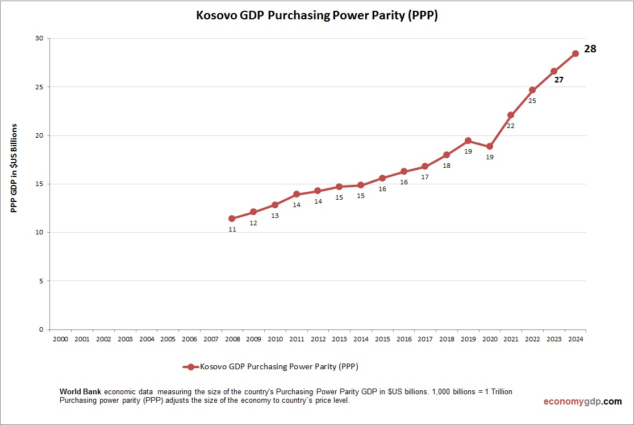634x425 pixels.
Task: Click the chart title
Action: tap(317, 16)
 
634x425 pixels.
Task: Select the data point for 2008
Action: tap(232, 218)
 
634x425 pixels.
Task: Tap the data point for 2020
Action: tap(489, 146)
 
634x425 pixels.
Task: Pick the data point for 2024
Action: tap(575, 53)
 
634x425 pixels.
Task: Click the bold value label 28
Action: tap(590, 49)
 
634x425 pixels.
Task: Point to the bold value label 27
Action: tap(558, 80)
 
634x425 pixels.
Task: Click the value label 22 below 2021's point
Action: tap(510, 126)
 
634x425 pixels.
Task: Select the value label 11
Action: tap(232, 229)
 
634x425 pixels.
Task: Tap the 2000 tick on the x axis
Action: tap(60, 339)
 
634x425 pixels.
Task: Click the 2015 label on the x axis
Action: tap(382, 339)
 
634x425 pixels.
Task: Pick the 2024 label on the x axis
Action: tap(575, 339)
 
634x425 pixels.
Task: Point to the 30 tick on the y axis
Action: tap(39, 39)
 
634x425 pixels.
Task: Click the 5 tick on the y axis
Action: tap(41, 281)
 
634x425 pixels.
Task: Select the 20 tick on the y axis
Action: tap(39, 135)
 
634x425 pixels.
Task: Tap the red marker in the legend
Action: tap(191, 367)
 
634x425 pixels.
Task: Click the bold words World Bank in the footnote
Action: tap(81, 392)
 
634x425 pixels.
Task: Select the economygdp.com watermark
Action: tap(582, 401)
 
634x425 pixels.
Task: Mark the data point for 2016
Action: tap(403, 171)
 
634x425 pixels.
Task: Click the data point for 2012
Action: tap(318, 191)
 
